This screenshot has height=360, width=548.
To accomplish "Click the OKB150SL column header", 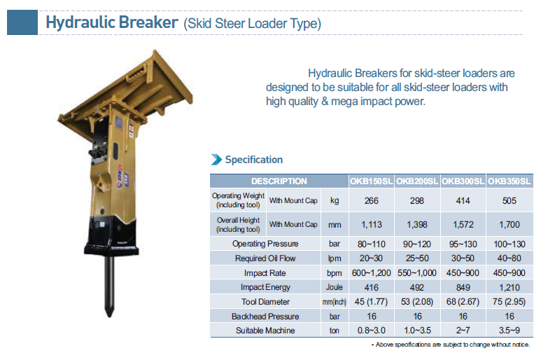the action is (371, 181).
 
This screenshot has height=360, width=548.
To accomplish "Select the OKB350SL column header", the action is (510, 181).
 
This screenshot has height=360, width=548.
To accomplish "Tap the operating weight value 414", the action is (463, 201).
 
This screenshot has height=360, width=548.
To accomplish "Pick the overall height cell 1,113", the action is (371, 225).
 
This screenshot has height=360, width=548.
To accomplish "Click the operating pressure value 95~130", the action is (463, 244).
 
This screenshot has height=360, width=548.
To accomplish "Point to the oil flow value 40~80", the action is (510, 258).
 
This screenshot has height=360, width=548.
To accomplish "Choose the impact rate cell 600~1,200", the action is (371, 273).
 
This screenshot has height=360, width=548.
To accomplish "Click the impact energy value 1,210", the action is (510, 288).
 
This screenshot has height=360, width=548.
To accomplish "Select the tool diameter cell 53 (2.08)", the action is (417, 302).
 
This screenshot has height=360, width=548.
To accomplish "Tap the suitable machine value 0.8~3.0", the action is (371, 331).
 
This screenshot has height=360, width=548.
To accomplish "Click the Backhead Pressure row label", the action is (265, 317).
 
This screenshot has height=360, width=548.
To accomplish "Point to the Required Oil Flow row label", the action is (265, 258).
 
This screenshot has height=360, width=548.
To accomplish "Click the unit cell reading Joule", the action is (334, 288).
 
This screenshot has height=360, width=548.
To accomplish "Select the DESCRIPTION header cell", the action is (279, 181).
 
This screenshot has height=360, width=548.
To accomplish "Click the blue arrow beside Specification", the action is (216, 160).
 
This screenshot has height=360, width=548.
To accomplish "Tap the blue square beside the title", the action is (22, 22).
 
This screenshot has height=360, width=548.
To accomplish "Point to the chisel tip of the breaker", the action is (110, 314).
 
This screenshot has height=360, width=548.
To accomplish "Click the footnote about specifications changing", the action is (451, 345).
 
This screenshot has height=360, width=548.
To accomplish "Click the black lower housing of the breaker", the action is (111, 235).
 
